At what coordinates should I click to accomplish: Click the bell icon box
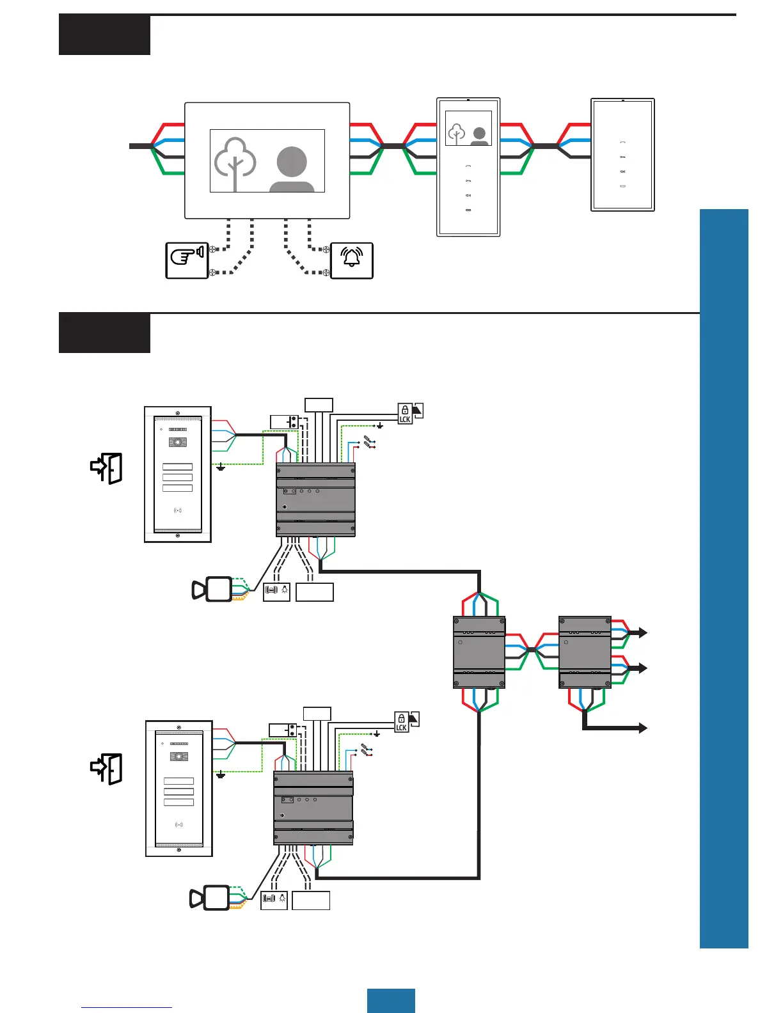[x=352, y=260]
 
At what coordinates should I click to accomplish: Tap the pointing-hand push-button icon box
[x=187, y=260]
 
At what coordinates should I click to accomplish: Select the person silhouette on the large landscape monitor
[x=292, y=169]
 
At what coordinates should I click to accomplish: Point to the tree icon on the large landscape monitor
[x=235, y=164]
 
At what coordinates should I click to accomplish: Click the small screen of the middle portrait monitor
[x=468, y=128]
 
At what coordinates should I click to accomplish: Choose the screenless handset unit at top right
[x=622, y=155]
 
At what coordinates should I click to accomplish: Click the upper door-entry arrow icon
[x=106, y=468]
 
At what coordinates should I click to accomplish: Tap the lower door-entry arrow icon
[x=106, y=769]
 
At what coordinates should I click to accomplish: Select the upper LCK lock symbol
[x=405, y=414]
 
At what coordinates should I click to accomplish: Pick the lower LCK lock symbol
[x=401, y=723]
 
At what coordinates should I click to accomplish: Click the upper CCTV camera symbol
[x=212, y=589]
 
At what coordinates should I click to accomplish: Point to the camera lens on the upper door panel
[x=178, y=443]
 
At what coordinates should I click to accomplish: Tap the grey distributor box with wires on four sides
[x=479, y=652]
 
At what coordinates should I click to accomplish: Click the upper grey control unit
[x=315, y=500]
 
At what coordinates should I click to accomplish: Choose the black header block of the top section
[x=104, y=35]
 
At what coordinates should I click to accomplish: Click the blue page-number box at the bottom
[x=391, y=1000]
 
